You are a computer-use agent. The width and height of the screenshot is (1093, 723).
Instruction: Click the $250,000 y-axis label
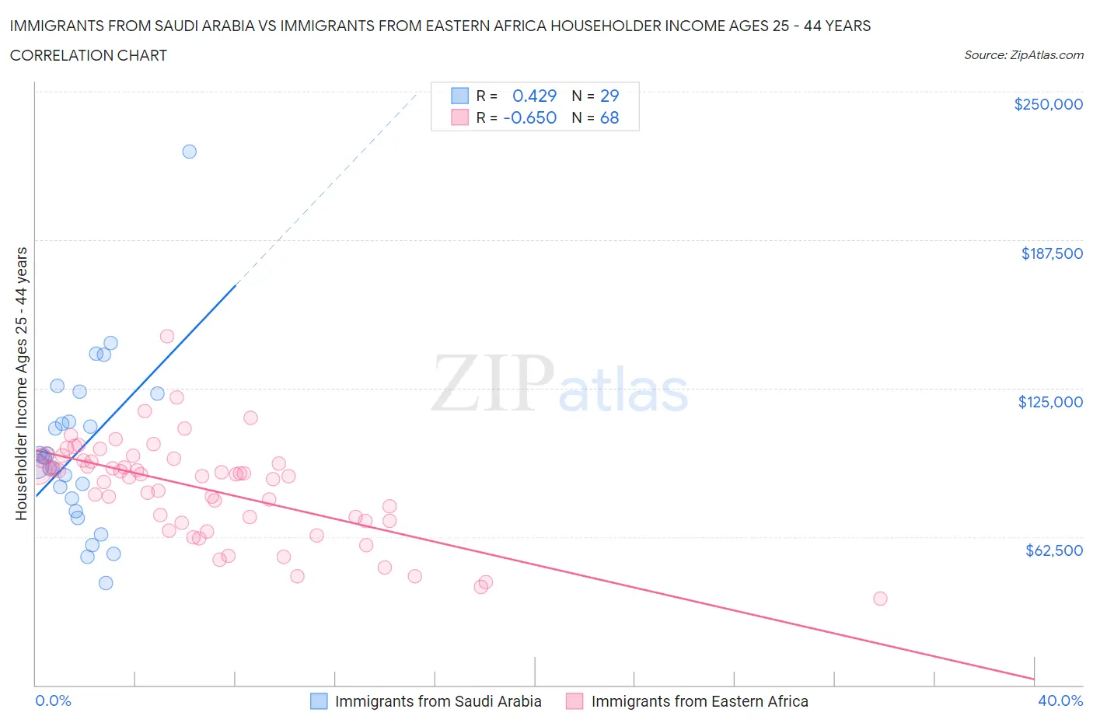pos(1048,104)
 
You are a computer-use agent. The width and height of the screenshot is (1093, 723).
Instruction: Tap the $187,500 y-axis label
pos(1051,253)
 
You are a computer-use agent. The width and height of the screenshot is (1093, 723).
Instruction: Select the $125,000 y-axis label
pos(1049,402)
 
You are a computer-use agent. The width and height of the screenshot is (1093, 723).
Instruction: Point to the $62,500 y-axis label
pos(1053,550)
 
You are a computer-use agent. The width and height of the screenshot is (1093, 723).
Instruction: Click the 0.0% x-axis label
pos(53,700)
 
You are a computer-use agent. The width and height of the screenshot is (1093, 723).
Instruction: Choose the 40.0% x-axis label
pos(1060,700)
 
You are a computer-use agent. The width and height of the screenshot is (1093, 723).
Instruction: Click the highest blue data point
pos(189,152)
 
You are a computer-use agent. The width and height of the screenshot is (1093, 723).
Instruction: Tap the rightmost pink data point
pos(880,599)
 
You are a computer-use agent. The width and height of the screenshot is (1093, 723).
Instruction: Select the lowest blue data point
pos(106,583)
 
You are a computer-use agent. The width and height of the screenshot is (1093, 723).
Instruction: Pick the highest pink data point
pos(167,337)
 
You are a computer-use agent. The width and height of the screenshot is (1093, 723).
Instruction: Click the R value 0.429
pos(534,96)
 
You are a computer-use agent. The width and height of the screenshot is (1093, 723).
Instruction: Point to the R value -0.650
pos(529,117)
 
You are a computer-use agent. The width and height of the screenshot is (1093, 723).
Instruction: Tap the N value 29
pos(609,96)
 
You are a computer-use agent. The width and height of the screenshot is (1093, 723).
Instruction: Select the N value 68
pos(609,117)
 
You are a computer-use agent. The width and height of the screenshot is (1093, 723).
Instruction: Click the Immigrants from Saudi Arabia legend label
pos(438,701)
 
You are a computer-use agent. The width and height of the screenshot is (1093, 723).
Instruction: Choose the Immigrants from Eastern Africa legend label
pos(699,701)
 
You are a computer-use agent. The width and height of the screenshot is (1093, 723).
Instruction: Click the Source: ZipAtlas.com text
pos(1023,55)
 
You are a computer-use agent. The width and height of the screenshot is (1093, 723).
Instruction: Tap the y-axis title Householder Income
pos(22,383)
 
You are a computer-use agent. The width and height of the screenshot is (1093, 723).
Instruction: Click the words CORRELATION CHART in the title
pos(89,55)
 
